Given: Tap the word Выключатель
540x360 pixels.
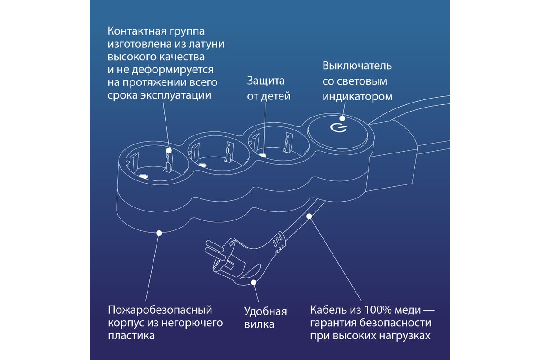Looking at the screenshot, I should pos(357,66).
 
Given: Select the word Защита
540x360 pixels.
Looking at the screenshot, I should pos(266,81).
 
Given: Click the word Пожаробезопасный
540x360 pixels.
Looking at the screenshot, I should pos(160,310).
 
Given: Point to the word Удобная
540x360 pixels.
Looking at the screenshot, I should pos(265,311).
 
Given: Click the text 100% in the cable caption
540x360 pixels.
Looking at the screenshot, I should pos(376,310).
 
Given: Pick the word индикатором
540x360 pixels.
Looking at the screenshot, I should pos(357,96).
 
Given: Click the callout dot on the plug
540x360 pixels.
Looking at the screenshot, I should pos(254,283).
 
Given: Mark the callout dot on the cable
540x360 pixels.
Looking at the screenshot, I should pos(309,216).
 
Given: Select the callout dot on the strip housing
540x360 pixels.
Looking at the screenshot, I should pos(158,233).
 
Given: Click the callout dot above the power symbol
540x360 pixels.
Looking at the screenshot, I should pos(342,119).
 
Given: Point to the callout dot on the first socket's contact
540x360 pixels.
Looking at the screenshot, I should pos(169,150).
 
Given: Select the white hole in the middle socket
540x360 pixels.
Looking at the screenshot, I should pos(202,165).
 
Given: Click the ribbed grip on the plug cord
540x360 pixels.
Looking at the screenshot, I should pos(279,241).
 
